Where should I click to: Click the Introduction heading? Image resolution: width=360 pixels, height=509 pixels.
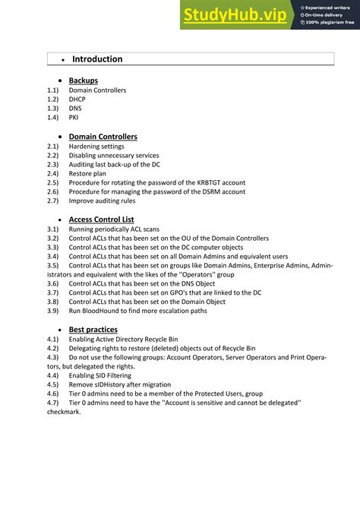tap(97, 59)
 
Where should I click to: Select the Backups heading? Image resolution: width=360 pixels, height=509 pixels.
tap(83, 81)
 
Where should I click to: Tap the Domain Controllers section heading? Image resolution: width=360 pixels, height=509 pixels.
tap(103, 137)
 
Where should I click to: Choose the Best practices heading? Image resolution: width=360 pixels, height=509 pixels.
tap(93, 330)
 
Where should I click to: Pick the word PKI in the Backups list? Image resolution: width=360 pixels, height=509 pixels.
tap(74, 118)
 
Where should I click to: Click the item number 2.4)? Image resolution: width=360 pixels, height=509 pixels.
tap(53, 173)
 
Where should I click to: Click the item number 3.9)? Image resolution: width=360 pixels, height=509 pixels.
tap(53, 311)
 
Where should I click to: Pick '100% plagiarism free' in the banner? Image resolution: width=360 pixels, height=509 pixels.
tap(330, 23)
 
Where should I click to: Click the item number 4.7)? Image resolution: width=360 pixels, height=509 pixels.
tap(53, 403)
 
